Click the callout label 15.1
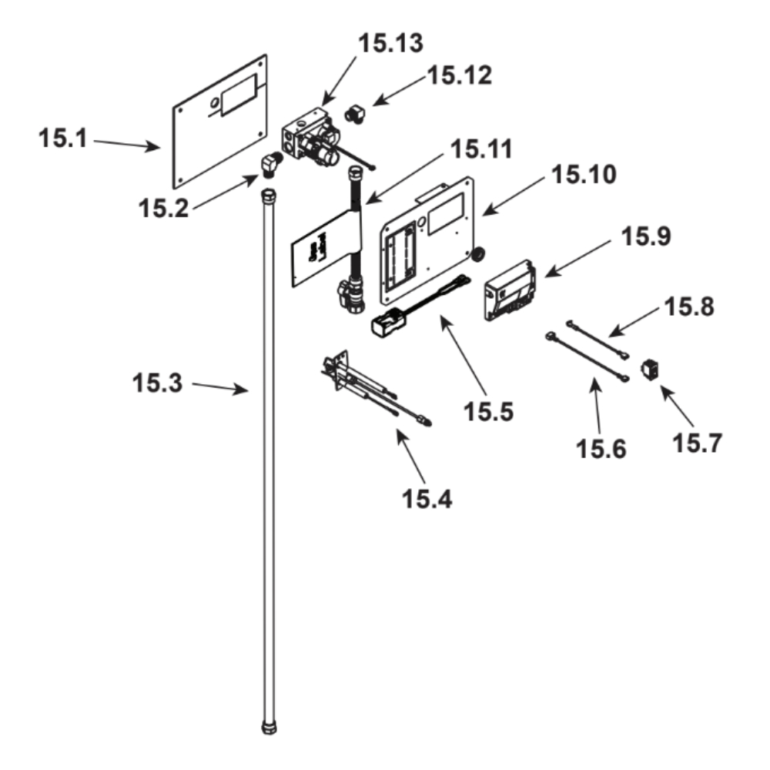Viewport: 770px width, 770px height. click(x=64, y=140)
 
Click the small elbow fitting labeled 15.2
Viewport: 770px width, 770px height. click(x=269, y=163)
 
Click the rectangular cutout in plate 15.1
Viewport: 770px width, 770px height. click(x=237, y=95)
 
